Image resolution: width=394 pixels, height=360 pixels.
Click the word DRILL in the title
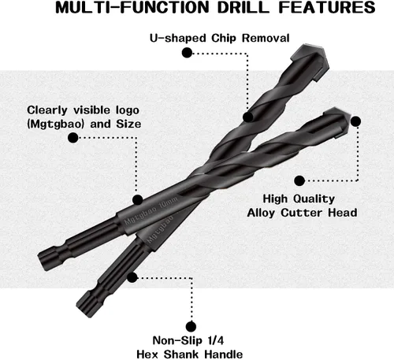click(243, 7)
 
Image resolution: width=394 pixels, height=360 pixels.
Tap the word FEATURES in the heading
click(327, 7)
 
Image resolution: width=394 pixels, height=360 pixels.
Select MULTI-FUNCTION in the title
click(132, 7)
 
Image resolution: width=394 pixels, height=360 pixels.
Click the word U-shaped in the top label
click(178, 39)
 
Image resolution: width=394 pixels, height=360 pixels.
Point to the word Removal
click(266, 38)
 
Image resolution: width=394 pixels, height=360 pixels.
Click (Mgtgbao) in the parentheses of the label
click(56, 124)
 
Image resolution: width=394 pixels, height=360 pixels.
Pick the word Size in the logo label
click(128, 124)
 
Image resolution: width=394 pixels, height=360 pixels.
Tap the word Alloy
click(262, 213)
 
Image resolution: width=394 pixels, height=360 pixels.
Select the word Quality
click(314, 199)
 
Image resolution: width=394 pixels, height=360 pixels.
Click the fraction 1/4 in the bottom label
click(216, 340)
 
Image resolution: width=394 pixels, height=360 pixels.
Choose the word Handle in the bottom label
click(224, 354)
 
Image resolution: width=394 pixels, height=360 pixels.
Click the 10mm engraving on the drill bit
click(169, 202)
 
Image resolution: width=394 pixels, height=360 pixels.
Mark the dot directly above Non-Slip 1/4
click(191, 327)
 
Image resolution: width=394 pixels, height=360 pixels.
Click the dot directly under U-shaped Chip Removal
click(187, 53)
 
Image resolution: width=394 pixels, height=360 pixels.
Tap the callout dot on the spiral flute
click(247, 117)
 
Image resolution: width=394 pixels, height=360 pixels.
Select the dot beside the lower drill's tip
click(355, 121)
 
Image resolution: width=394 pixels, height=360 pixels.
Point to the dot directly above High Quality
click(299, 180)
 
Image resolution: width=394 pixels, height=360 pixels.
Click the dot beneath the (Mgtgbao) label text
click(73, 138)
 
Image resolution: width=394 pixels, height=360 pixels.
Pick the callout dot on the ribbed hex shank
click(132, 277)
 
